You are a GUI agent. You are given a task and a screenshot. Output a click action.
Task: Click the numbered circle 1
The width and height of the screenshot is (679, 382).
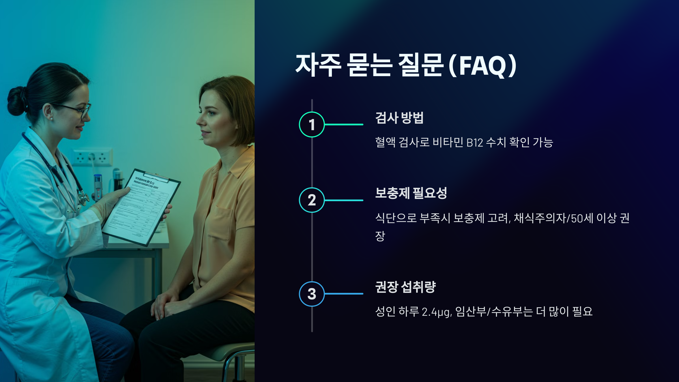click(311, 125)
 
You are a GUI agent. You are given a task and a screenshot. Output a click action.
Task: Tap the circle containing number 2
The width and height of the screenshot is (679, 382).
click(311, 200)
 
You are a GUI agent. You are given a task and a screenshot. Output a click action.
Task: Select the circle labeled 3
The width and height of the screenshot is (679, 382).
click(311, 294)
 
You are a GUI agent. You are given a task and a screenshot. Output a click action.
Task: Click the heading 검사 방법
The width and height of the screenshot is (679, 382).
click(399, 118)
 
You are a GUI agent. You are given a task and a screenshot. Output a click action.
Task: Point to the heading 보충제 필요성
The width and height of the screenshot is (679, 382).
click(411, 193)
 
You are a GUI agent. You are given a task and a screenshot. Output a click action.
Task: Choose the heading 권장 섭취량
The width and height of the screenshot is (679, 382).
click(405, 287)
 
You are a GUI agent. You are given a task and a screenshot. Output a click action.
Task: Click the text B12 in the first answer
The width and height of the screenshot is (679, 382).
click(474, 143)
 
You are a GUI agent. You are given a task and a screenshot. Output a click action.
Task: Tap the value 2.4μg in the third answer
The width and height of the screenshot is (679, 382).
click(436, 312)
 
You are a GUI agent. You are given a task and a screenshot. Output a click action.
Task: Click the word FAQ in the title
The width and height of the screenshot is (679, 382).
click(482, 66)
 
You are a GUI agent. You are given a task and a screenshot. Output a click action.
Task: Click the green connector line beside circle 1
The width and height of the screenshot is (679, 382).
click(344, 125)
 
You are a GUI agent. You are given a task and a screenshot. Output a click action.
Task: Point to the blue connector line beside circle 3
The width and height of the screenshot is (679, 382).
click(344, 294)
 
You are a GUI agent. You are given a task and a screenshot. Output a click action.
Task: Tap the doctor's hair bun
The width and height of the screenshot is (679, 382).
click(17, 100)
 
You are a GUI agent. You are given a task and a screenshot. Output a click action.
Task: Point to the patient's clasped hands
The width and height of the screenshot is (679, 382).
click(167, 306)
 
